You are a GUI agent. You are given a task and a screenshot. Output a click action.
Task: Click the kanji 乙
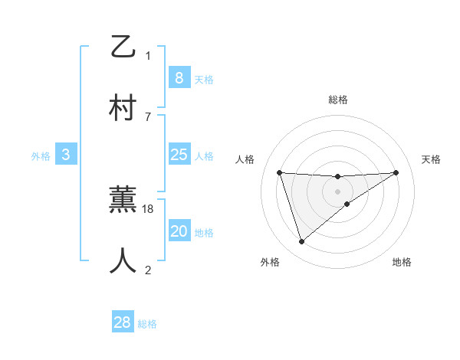[123, 47]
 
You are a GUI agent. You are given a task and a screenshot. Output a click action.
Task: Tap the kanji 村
[123, 108]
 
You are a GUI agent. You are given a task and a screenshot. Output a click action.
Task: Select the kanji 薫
[123, 201]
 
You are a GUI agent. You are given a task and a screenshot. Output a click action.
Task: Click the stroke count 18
[148, 208]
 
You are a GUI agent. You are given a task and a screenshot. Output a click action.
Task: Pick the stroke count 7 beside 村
[148, 116]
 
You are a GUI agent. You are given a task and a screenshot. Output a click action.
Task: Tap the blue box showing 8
[179, 78]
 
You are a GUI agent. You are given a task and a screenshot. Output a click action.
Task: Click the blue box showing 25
[179, 155]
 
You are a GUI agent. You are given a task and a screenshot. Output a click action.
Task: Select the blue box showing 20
[179, 231]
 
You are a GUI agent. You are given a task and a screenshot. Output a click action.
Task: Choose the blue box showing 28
[123, 322]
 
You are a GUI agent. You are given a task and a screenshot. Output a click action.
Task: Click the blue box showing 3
[66, 155]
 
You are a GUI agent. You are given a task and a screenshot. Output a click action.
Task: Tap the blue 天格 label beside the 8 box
[204, 80]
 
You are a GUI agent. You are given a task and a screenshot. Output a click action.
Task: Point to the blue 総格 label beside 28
[147, 324]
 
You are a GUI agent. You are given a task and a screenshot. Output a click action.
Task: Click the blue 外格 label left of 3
[41, 156]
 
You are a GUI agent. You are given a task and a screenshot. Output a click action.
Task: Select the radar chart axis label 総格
[337, 100]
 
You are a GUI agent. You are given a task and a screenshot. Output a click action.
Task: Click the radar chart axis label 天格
[431, 159]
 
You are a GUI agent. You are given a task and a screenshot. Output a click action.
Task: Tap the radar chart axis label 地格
[402, 262]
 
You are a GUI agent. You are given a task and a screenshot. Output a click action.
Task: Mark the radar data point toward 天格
[396, 172]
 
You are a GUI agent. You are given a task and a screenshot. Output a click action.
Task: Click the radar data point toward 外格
[301, 242]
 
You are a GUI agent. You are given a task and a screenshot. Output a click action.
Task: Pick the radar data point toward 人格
[280, 172]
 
